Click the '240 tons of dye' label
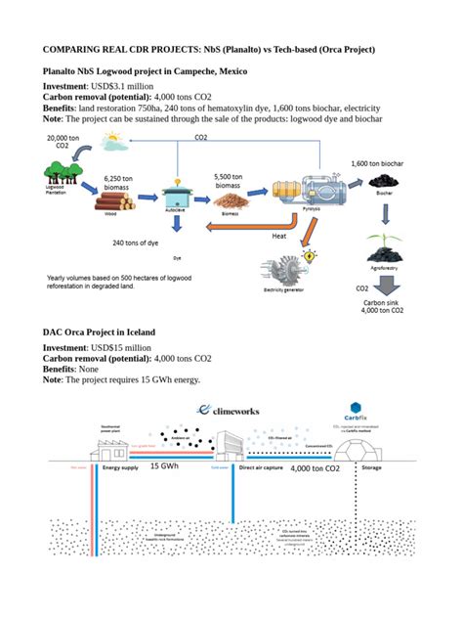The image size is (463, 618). [136, 243]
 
